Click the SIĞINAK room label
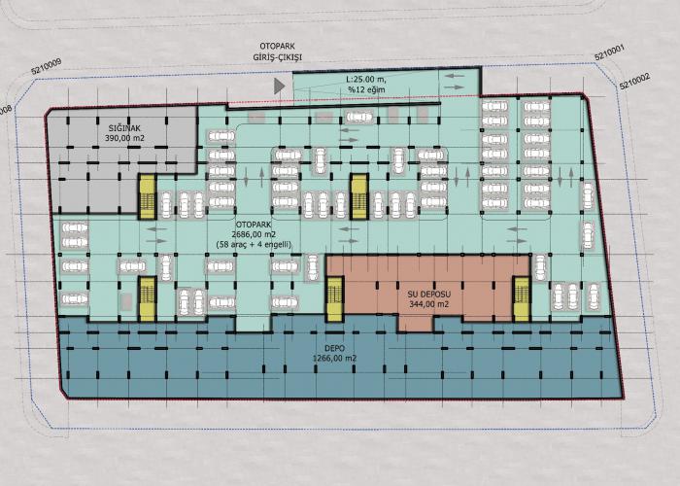click(x=124, y=128)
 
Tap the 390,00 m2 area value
click(x=124, y=138)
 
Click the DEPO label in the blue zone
click(x=334, y=348)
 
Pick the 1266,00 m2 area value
click(x=334, y=359)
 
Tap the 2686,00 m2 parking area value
click(x=254, y=235)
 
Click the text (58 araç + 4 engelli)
click(x=254, y=245)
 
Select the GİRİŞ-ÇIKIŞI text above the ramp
click(x=278, y=57)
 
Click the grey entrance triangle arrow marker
click(x=279, y=87)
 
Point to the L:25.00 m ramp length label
click(x=366, y=80)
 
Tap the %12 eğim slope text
click(x=366, y=89)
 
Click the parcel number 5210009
click(x=47, y=67)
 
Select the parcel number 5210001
click(x=609, y=54)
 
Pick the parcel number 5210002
click(x=634, y=81)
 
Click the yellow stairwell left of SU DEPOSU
click(x=335, y=299)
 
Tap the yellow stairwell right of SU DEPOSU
click(x=521, y=299)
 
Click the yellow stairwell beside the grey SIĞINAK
click(x=148, y=196)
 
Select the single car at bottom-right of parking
click(x=594, y=296)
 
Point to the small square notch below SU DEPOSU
click(x=416, y=323)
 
